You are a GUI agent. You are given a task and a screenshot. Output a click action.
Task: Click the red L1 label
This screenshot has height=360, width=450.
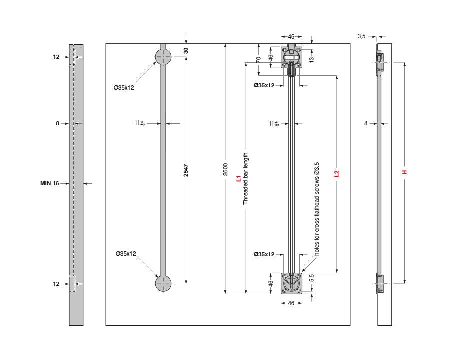point(238,178)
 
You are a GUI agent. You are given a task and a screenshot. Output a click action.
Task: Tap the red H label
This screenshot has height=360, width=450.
point(405,172)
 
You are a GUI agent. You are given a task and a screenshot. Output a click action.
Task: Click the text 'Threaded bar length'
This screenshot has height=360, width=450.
point(245,179)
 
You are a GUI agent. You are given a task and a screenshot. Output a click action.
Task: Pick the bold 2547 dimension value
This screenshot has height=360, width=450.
point(186,170)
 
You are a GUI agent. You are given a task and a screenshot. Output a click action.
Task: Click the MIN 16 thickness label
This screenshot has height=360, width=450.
point(49,183)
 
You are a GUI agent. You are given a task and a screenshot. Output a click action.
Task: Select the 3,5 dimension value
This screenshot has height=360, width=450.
point(362,36)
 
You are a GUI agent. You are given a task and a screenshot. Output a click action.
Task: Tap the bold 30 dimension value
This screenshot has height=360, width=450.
point(186,50)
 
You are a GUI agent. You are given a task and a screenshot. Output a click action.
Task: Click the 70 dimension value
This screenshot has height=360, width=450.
point(258,59)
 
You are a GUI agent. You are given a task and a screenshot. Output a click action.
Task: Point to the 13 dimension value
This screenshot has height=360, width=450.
point(311,59)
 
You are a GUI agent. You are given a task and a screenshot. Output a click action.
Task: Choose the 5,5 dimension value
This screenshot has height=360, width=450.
point(311,278)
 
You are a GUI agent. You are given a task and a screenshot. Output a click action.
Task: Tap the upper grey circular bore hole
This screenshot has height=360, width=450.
point(163,57)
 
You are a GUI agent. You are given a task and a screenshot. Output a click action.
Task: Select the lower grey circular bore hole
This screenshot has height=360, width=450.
point(163,283)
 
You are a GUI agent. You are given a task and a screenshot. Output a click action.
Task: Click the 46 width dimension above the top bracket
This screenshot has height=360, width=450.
point(291,37)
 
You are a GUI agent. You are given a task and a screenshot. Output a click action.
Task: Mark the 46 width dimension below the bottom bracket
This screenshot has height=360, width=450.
point(291,303)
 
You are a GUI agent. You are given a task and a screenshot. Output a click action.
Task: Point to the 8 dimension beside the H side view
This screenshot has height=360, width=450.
point(366,123)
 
